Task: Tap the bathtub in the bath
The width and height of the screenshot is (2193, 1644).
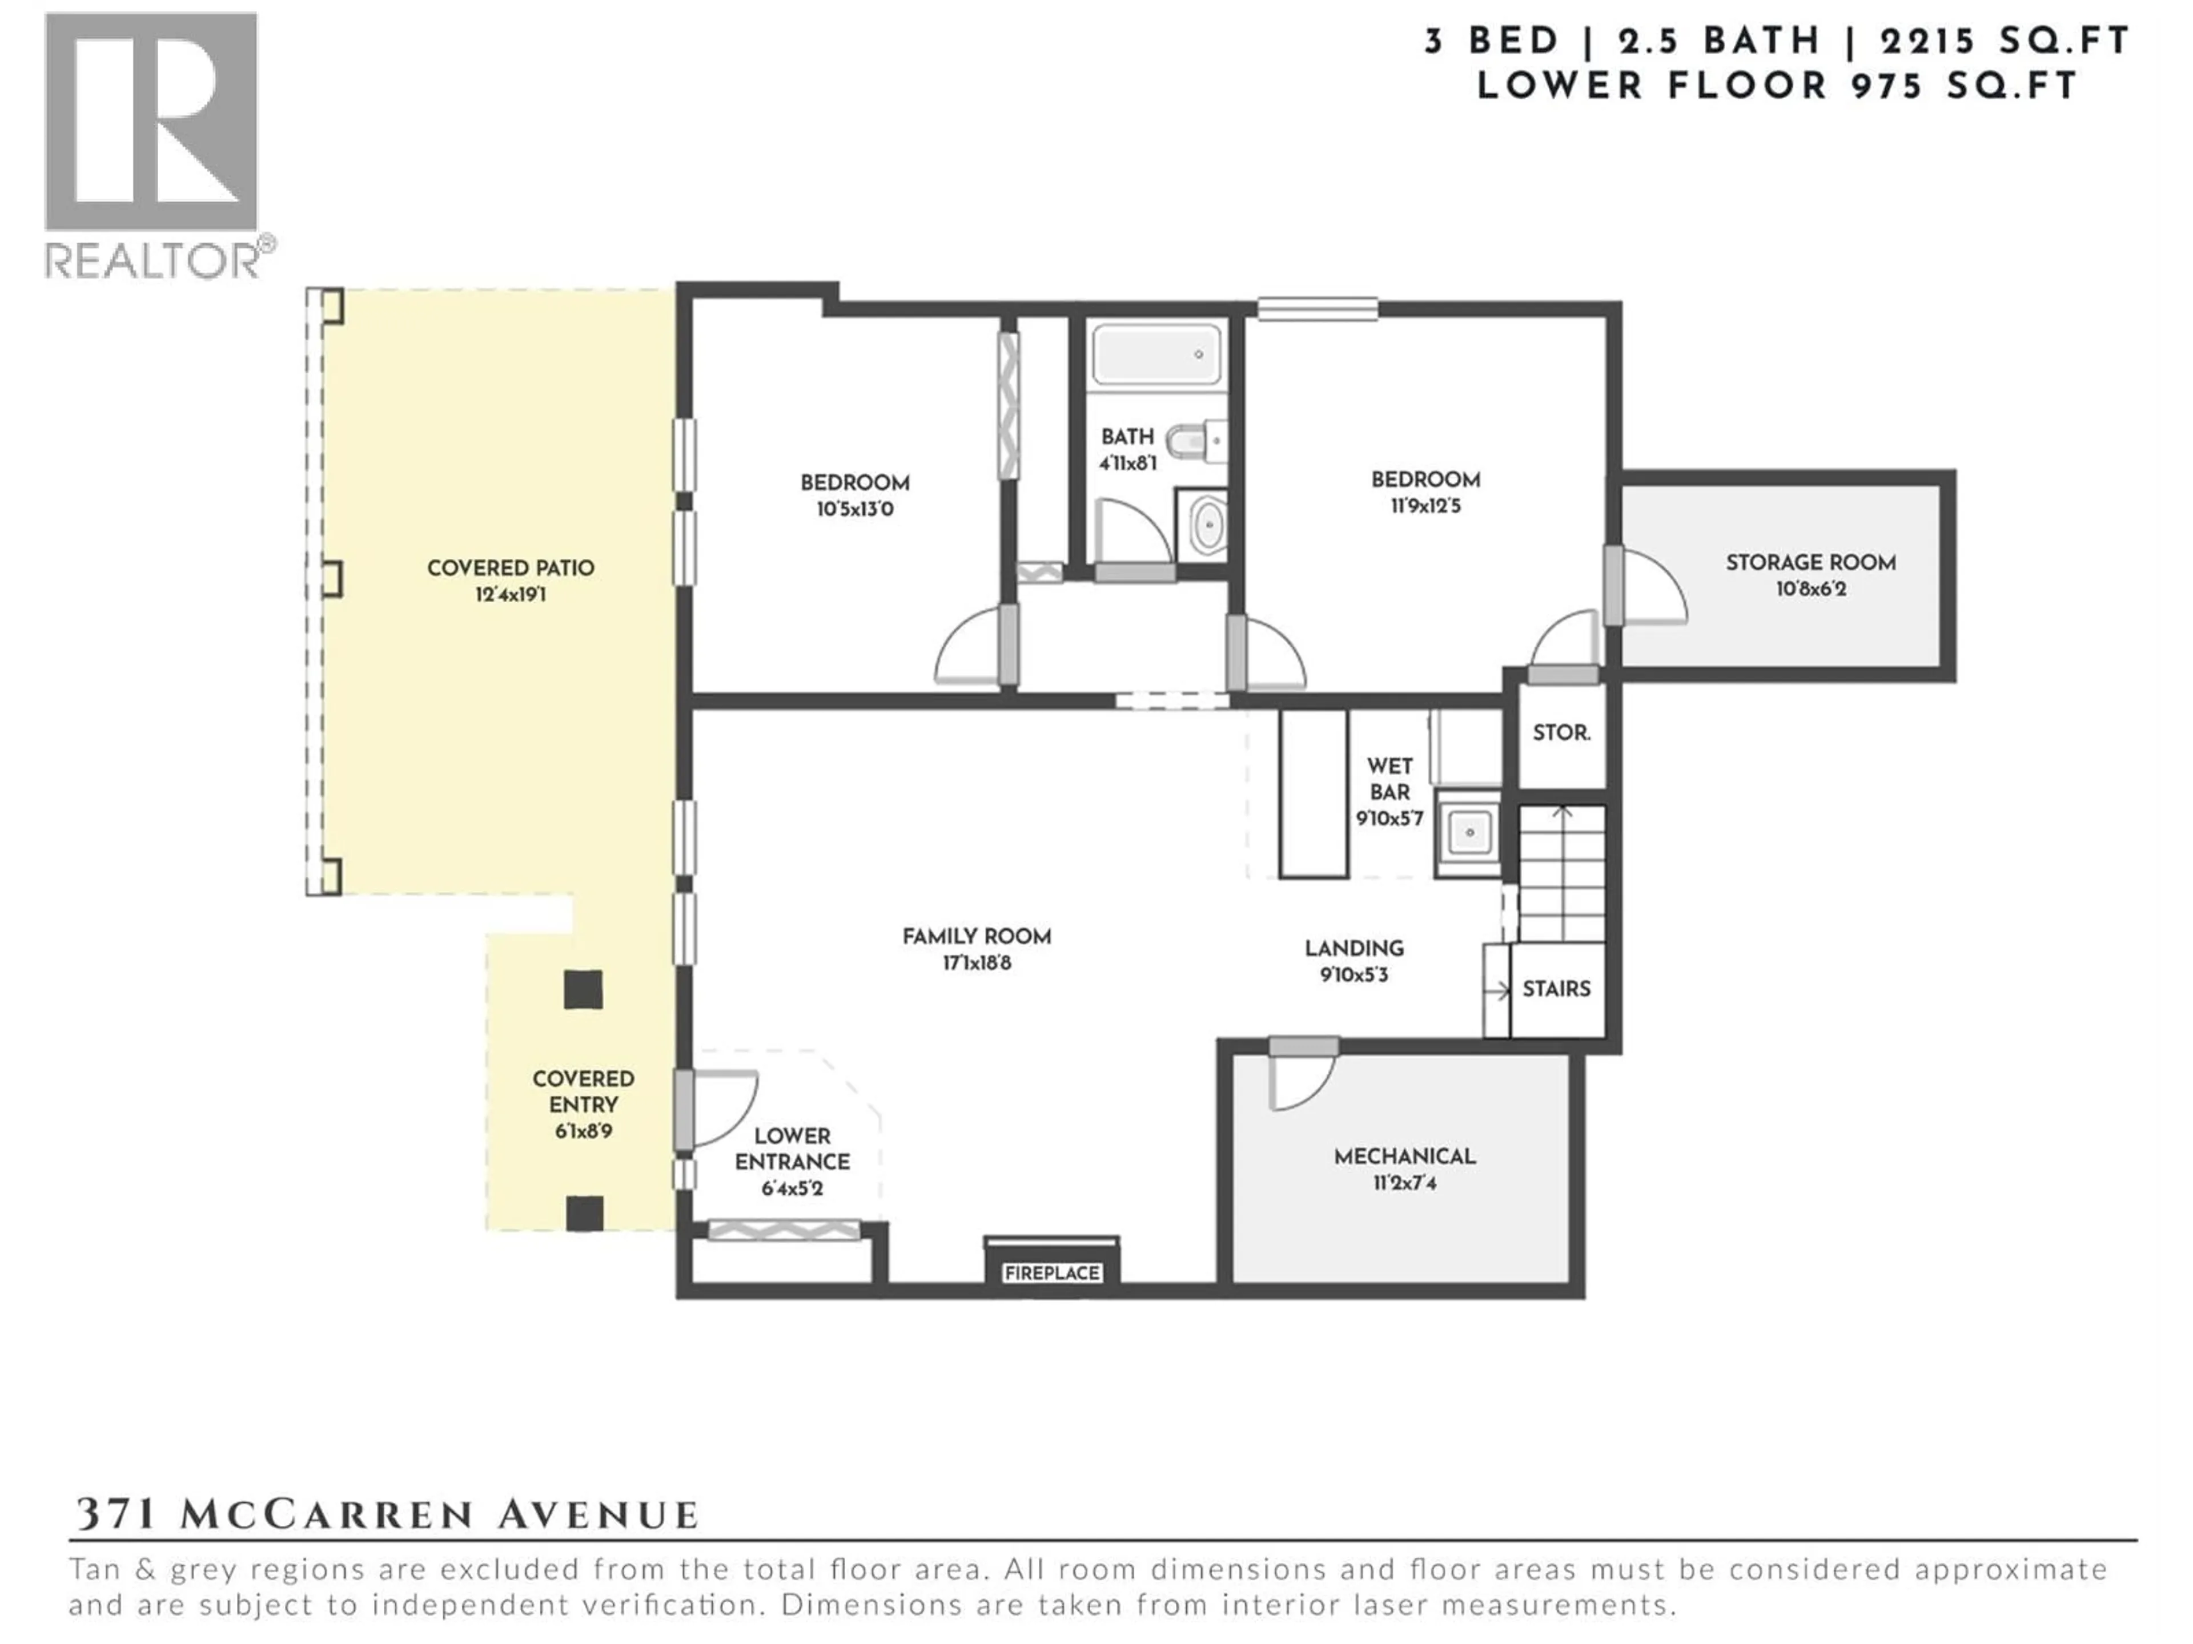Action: pyautogui.click(x=1156, y=354)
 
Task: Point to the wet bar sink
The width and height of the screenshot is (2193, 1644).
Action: pyautogui.click(x=1468, y=832)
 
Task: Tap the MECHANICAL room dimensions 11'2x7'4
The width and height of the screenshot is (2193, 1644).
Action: pyautogui.click(x=1405, y=1182)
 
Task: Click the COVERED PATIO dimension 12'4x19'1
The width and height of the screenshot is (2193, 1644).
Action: pyautogui.click(x=511, y=595)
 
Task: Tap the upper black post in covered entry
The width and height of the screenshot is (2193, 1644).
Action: pyautogui.click(x=583, y=989)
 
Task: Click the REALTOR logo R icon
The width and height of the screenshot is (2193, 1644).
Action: pyautogui.click(x=151, y=122)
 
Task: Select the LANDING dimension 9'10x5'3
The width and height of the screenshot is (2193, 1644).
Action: pyautogui.click(x=1353, y=975)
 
